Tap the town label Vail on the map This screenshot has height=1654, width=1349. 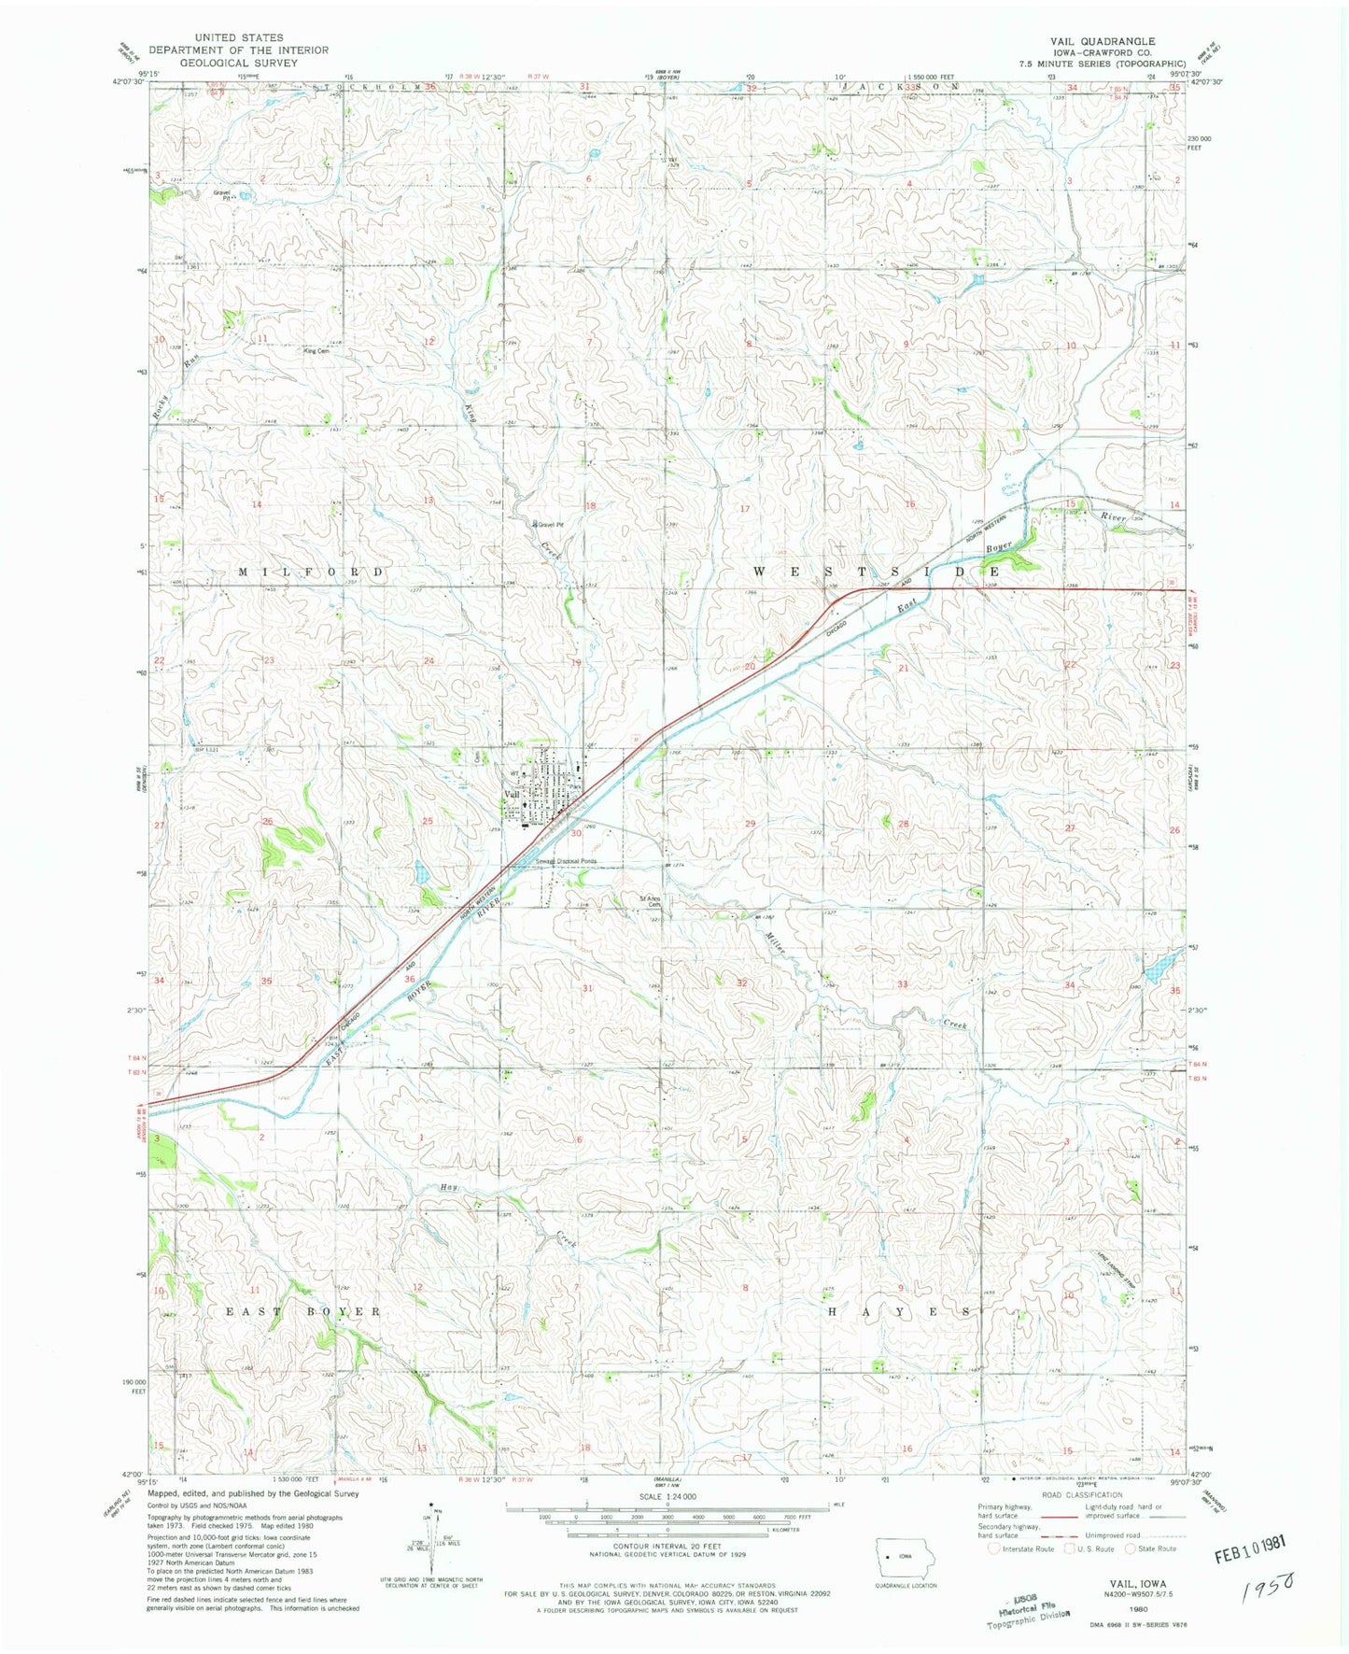click(513, 794)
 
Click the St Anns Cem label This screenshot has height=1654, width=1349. click(650, 901)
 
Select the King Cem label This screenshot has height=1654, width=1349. click(316, 351)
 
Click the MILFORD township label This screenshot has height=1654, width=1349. click(312, 572)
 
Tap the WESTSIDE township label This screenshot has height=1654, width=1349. click(877, 570)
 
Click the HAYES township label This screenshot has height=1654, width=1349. click(900, 1311)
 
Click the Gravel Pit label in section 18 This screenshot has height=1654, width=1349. click(549, 525)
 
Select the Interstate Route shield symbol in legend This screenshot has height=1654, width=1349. click(994, 1548)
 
